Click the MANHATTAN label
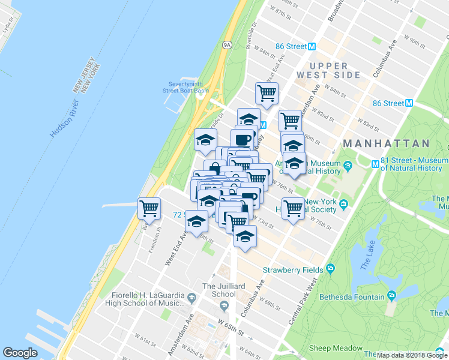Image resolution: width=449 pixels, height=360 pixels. (x=386, y=144)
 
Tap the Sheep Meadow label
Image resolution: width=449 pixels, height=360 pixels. (x=336, y=348)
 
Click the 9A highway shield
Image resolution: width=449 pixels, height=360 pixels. (x=227, y=44)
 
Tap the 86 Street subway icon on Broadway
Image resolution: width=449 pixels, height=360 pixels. (x=312, y=46)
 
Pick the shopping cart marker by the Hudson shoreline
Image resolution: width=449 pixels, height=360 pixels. (x=149, y=209)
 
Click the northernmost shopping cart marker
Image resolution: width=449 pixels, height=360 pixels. (x=267, y=93)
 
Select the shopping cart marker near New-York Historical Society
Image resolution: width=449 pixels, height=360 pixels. (x=293, y=208)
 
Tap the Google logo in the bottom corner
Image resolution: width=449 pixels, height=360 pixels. (x=20, y=353)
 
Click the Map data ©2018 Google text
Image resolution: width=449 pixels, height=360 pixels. (x=412, y=355)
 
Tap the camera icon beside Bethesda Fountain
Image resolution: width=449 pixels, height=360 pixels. (x=391, y=296)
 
